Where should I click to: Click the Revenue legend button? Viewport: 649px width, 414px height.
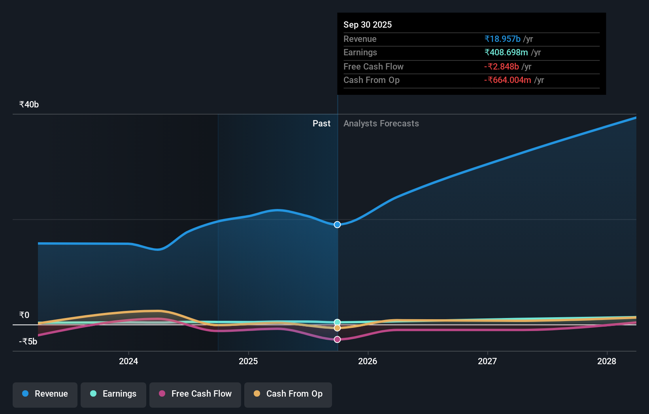(45, 394)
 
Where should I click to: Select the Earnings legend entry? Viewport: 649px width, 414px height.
(113, 394)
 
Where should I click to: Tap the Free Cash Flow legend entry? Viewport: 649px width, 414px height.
(195, 394)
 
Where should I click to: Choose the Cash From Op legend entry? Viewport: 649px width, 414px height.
(288, 394)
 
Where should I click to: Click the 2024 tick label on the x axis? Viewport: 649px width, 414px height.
(128, 361)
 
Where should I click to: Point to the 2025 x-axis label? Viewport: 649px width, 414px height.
(248, 361)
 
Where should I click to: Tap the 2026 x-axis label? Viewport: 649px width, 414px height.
(368, 361)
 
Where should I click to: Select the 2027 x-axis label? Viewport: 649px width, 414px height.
(487, 361)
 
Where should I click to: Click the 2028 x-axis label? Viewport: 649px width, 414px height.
(607, 361)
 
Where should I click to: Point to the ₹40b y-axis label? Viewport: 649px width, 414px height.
(29, 105)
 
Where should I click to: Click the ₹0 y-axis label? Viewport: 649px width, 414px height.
(24, 315)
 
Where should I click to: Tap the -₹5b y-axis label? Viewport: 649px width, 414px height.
(28, 342)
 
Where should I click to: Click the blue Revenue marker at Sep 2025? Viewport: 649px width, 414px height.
(337, 224)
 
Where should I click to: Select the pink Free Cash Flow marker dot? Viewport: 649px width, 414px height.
(337, 339)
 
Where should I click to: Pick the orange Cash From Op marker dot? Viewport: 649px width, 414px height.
(337, 328)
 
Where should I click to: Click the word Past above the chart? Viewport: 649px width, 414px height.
(321, 124)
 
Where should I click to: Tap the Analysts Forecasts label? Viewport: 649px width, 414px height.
(381, 124)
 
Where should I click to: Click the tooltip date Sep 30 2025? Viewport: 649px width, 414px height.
(368, 25)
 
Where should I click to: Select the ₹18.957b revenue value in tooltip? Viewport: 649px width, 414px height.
(502, 39)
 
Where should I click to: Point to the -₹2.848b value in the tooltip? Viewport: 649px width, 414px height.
(501, 67)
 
